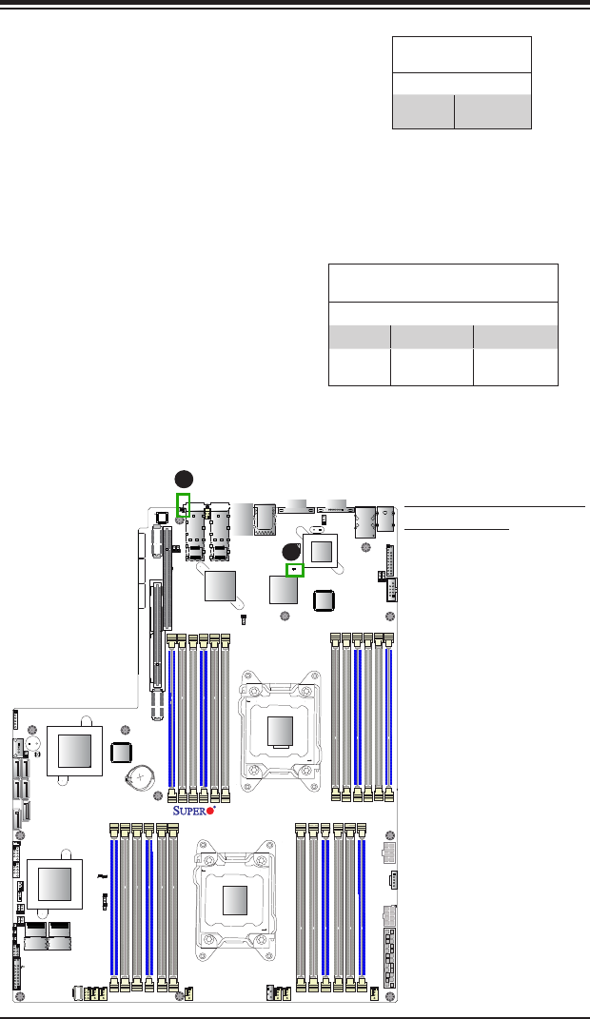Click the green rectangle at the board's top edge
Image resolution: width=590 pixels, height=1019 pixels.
[184, 505]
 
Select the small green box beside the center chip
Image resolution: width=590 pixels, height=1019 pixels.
[295, 570]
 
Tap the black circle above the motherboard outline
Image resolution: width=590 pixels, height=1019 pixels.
[184, 479]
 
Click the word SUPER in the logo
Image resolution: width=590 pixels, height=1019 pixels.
[188, 811]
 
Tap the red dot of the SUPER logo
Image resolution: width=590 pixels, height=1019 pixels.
[210, 811]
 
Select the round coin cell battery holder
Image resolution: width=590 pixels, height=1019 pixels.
[140, 774]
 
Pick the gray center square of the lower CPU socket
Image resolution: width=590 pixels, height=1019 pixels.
[235, 899]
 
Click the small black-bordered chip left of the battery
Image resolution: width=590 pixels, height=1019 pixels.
[121, 752]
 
